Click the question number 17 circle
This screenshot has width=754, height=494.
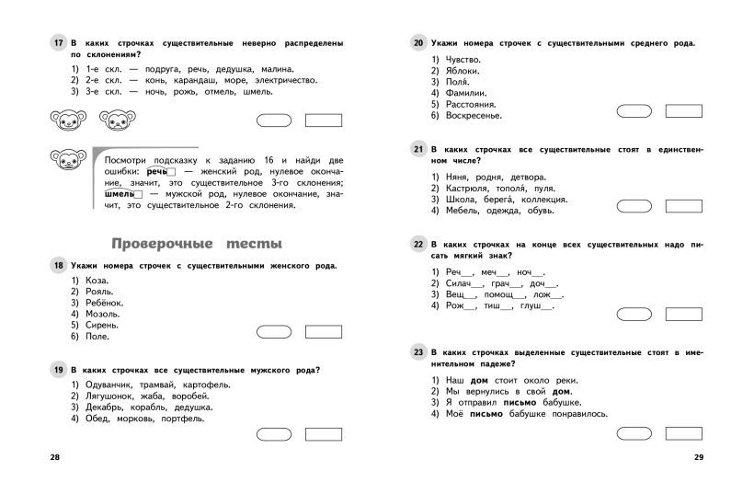57,43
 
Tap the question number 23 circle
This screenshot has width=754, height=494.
417,352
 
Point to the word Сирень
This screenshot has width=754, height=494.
99,325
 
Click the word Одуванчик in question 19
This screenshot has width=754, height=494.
109,384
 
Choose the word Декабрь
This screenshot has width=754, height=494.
103,407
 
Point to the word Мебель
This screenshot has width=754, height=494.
466,211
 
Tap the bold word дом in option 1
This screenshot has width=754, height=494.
479,379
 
